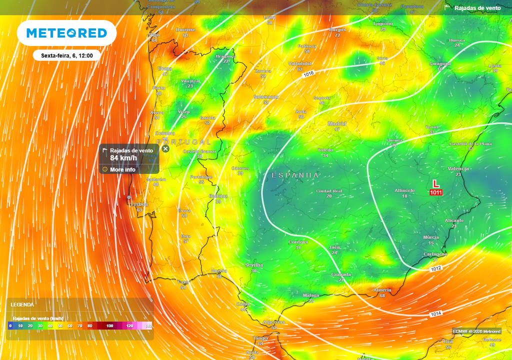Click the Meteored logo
pyautogui.click(x=66, y=33)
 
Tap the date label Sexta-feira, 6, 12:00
pyautogui.click(x=67, y=55)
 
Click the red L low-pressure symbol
pyautogui.click(x=436, y=183)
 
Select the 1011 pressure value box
pyautogui.click(x=435, y=192)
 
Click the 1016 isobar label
pyautogui.click(x=308, y=73)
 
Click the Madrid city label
pyautogui.click(x=337, y=123)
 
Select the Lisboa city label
pyautogui.click(x=139, y=204)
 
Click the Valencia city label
pyautogui.click(x=458, y=168)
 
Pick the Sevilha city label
pyautogui.click(x=254, y=265)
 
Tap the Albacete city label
pyautogui.click(x=404, y=190)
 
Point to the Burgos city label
pyautogui.click(x=337, y=29)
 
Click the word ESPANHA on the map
pyautogui.click(x=295, y=175)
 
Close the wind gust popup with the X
pyautogui.click(x=165, y=148)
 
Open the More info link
pyautogui.click(x=122, y=169)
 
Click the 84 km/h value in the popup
pyautogui.click(x=123, y=158)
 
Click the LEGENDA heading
pyautogui.click(x=22, y=304)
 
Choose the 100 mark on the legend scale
pyautogui.click(x=109, y=326)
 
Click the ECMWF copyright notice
pyautogui.click(x=476, y=331)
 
